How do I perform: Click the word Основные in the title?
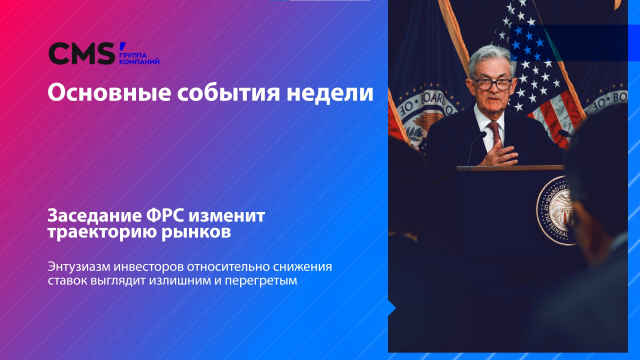[103, 94]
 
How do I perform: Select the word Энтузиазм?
[85, 266]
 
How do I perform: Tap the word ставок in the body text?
[68, 281]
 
